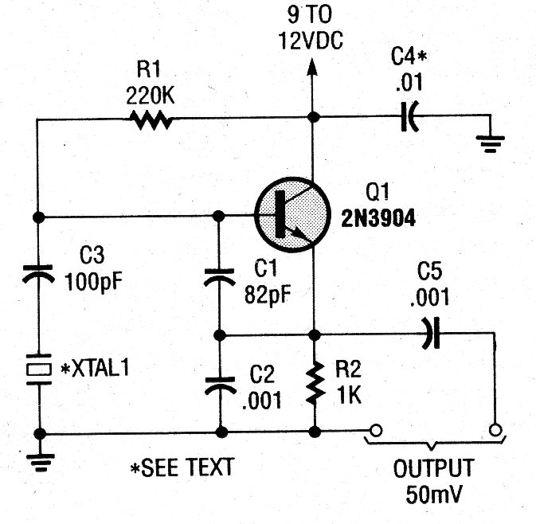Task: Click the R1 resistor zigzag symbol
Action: [x=151, y=119]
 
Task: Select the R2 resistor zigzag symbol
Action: [x=315, y=383]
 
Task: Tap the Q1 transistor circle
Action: [x=292, y=215]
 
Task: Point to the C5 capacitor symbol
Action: [x=431, y=333]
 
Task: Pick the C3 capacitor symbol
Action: [x=38, y=273]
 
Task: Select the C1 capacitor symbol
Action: [x=220, y=277]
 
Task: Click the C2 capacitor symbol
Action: [x=220, y=385]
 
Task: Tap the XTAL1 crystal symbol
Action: [x=39, y=370]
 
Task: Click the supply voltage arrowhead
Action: [x=311, y=67]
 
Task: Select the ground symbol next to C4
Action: [x=490, y=143]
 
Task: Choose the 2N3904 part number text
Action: [x=378, y=217]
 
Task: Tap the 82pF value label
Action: [x=268, y=294]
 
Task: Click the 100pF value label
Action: [x=93, y=282]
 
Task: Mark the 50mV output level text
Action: [x=434, y=494]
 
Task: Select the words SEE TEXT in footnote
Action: [x=187, y=467]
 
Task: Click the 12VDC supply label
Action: [x=311, y=41]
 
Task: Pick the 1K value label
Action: [x=349, y=395]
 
